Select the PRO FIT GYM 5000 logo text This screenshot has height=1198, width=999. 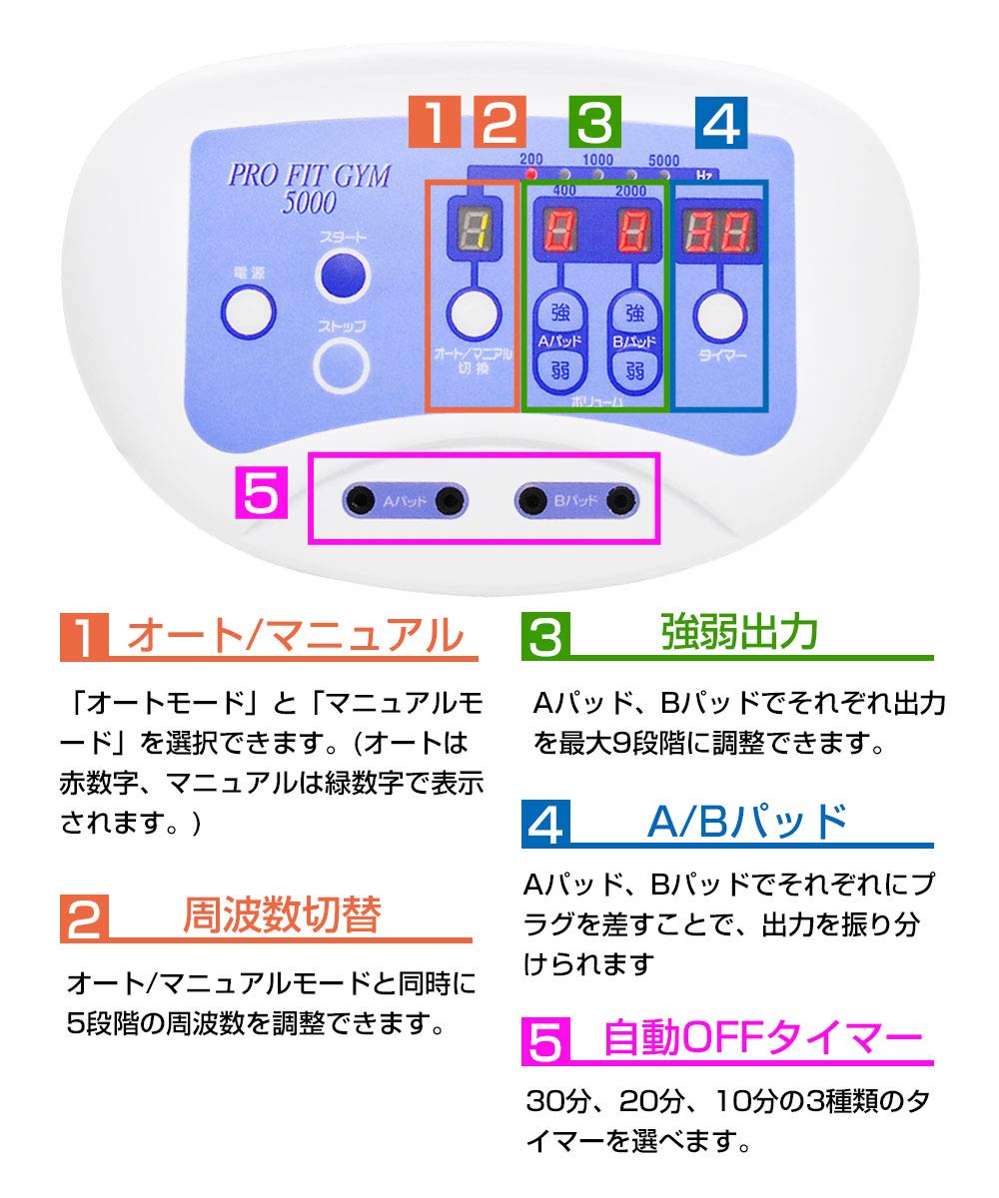coord(309,188)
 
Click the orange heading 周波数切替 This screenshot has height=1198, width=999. coord(282,915)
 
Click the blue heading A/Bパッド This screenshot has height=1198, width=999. coord(747,823)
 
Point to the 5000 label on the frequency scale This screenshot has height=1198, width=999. coord(663,160)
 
